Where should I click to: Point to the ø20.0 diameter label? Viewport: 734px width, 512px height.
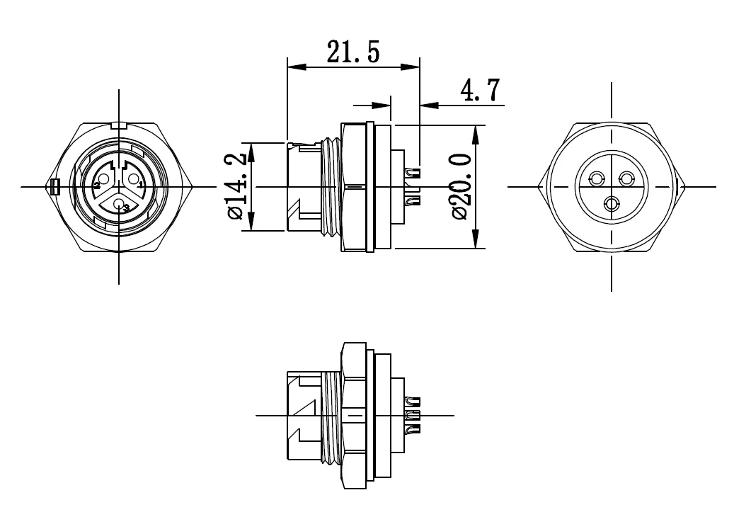click(x=461, y=186)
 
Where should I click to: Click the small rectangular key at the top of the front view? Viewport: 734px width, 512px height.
click(x=119, y=125)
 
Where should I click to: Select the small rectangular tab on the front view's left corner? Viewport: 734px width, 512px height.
click(x=56, y=187)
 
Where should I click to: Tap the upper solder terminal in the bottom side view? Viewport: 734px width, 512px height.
click(x=411, y=400)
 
